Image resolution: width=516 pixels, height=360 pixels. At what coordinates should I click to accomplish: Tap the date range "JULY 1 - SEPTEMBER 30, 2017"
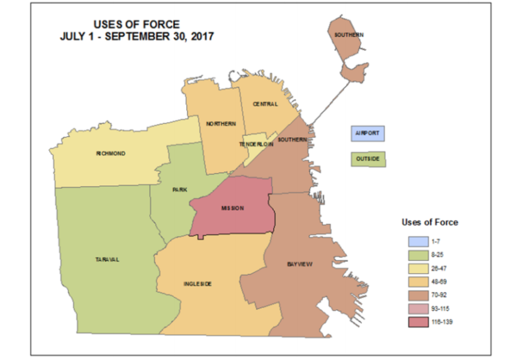pos(137,37)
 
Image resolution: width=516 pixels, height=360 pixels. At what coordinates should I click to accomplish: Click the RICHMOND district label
pos(111,153)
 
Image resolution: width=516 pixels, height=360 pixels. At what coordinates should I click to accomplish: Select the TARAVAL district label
pos(107,259)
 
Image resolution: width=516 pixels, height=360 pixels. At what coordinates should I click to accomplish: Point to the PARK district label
pos(179,189)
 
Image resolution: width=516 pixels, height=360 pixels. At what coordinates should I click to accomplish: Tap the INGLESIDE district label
pos(198,284)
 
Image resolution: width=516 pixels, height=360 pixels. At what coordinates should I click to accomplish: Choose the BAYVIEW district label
pos(300,264)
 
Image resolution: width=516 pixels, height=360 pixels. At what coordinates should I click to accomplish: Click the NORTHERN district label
pos(220,123)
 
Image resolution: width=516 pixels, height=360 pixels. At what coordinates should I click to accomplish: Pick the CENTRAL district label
pos(266,104)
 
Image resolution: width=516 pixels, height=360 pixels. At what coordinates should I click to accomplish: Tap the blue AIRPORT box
pos(368,134)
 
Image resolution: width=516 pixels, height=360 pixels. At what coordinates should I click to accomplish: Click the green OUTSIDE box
pos(368,159)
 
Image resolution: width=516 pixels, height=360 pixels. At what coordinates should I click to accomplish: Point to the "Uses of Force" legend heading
pos(429,222)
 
